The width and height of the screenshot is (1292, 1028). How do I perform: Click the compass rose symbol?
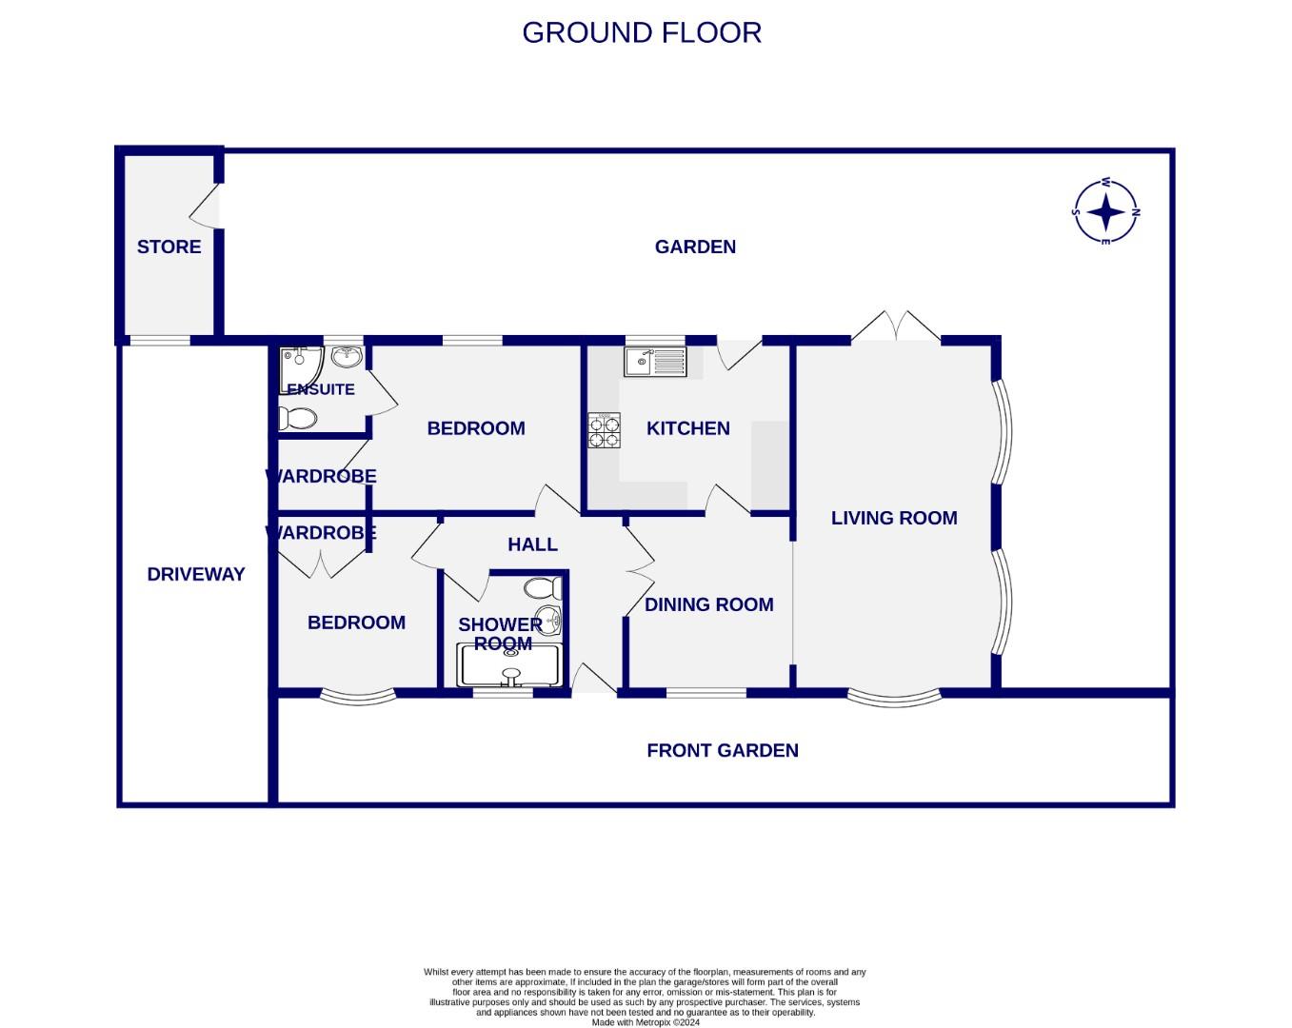(1105, 211)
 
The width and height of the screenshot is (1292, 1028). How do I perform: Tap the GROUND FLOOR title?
(642, 32)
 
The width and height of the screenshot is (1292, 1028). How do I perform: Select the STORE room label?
(169, 247)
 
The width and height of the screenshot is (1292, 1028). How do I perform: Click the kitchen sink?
(654, 361)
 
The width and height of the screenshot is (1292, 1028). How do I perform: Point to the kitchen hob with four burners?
(604, 430)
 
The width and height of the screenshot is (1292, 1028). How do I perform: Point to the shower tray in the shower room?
(511, 666)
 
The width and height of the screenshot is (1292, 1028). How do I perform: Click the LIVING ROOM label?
(894, 518)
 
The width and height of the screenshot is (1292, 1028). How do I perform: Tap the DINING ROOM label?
(708, 604)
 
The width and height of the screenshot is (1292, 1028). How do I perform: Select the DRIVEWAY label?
(196, 574)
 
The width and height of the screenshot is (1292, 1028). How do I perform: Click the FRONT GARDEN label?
(722, 750)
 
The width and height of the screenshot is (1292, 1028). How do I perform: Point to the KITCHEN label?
(687, 428)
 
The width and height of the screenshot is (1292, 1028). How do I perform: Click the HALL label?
(532, 544)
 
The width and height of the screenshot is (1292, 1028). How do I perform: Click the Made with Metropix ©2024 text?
(645, 1022)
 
